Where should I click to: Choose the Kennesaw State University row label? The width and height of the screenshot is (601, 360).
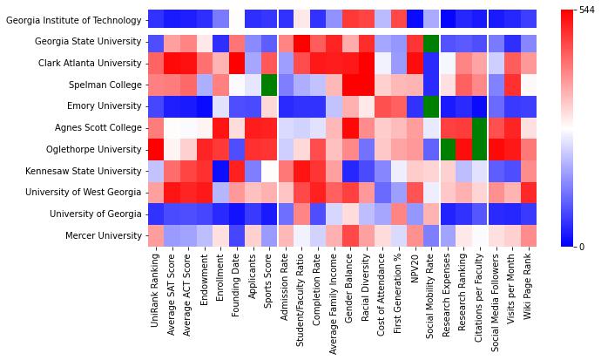tap(84, 171)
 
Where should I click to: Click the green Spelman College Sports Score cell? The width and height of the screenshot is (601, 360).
tap(268, 85)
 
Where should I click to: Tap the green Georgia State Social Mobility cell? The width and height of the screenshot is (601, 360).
tap(430, 41)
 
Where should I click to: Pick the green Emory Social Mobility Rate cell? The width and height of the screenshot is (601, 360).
tap(430, 105)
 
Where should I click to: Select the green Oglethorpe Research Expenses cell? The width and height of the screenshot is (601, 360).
tap(447, 149)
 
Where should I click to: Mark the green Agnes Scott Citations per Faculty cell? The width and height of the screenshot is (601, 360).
tap(479, 127)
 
